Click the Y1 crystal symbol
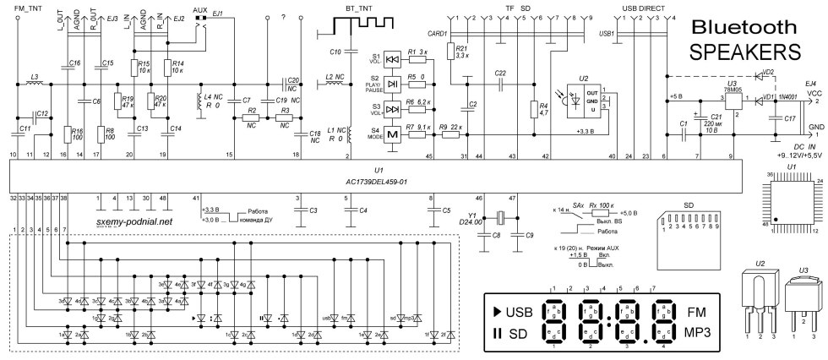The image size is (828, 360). point(499,237)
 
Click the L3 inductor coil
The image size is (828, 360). point(35,83)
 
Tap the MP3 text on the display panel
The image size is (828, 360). point(697,331)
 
